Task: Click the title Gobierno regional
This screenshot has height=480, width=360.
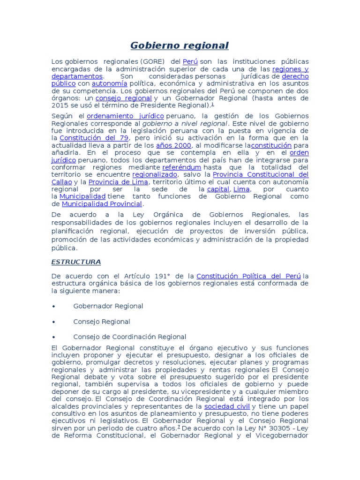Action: (180, 45)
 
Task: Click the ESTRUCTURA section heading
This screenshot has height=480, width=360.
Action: (76, 262)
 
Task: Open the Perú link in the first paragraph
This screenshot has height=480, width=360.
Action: (190, 61)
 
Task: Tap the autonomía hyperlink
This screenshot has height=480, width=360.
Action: (111, 83)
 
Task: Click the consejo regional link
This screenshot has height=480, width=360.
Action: (123, 98)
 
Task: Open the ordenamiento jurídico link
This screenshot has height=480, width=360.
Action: (125, 116)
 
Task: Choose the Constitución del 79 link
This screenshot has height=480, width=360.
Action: (94, 138)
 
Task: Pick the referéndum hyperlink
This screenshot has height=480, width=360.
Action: (181, 167)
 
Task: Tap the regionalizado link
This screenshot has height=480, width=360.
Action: (154, 174)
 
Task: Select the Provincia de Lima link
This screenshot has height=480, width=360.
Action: (118, 182)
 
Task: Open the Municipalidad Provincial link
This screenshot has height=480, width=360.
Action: (101, 204)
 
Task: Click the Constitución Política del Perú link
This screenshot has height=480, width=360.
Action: (249, 276)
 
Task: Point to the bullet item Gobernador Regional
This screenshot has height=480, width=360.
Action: (108, 306)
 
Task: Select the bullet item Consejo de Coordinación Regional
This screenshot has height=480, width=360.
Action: (130, 337)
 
